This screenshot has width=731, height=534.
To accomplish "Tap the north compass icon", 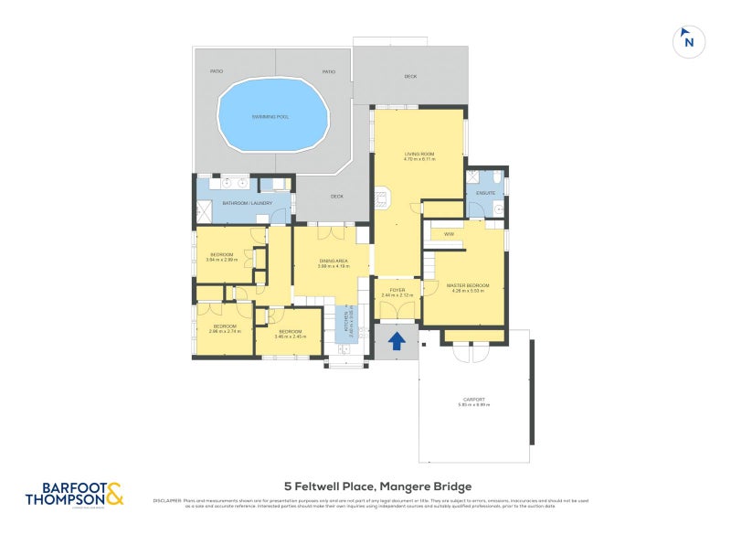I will pyautogui.click(x=689, y=41).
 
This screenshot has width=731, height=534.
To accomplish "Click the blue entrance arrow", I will pyautogui.click(x=397, y=342).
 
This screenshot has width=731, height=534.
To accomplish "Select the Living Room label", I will pyautogui.click(x=419, y=156).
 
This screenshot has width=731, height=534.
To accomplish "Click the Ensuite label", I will pyautogui.click(x=485, y=193).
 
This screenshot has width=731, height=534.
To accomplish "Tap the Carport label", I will pyautogui.click(x=473, y=401).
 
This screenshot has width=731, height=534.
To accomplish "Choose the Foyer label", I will pyautogui.click(x=397, y=293).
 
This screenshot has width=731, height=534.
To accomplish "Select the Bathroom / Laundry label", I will pyautogui.click(x=242, y=202).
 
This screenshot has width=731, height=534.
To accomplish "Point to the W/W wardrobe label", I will pyautogui.click(x=449, y=235).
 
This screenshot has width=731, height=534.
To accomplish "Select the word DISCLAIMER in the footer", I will pyautogui.click(x=168, y=500).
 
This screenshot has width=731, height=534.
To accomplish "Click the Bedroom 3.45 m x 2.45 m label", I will pyautogui.click(x=290, y=333).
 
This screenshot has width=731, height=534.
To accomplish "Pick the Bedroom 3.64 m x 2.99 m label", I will pyautogui.click(x=223, y=257).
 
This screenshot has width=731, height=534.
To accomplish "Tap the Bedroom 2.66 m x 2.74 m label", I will pyautogui.click(x=225, y=328).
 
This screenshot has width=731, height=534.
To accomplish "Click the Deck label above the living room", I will pyautogui.click(x=410, y=77).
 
